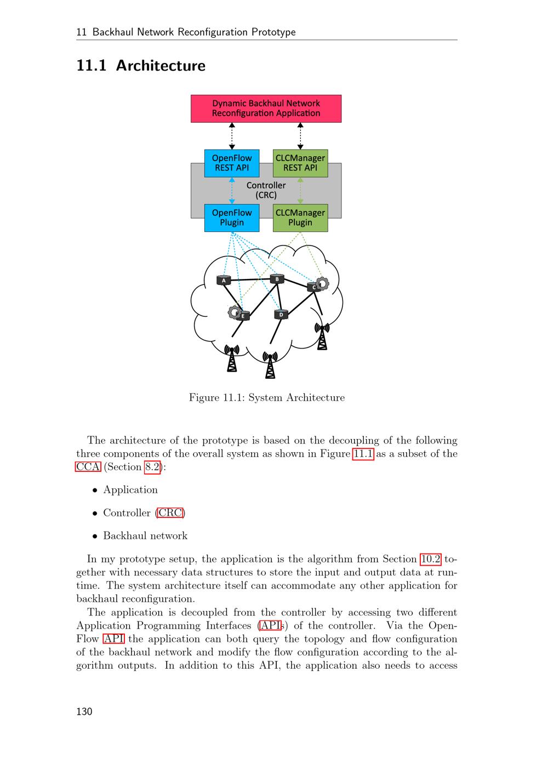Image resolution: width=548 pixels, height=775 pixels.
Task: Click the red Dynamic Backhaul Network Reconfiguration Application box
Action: pos(266,109)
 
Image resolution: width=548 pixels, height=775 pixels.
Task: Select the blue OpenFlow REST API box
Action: pos(232,163)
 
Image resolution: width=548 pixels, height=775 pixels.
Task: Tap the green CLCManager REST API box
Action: pos(300,163)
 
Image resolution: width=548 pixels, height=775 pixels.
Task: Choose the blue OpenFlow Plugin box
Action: pos(232,218)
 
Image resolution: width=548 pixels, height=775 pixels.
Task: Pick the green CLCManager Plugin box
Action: pos(300,218)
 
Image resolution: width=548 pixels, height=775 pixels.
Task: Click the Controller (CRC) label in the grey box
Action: pos(266,190)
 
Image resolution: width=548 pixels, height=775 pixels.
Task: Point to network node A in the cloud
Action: pos(224,281)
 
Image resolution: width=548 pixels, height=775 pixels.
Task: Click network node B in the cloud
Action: pos(277,280)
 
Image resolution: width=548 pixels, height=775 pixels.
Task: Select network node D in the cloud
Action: pos(281,315)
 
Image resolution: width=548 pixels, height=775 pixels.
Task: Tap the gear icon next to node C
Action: pos(323,283)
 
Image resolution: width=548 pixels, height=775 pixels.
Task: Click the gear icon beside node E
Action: pos(235,312)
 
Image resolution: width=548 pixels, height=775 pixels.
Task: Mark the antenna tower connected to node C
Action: pos(322,335)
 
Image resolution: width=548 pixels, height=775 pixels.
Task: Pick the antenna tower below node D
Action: pos(270,364)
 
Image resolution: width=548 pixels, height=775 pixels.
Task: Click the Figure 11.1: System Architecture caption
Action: pos(267,397)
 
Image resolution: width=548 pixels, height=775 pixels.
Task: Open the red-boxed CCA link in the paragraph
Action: pos(88,467)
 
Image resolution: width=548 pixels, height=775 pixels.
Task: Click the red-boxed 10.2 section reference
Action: pos(430,559)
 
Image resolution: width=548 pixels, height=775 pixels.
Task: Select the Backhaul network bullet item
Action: pos(145,536)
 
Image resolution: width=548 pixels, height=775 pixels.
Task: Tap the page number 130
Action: pos(84,711)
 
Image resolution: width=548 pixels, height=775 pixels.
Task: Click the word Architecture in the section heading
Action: pos(161,66)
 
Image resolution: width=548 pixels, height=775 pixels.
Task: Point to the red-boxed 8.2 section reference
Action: pos(152,467)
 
